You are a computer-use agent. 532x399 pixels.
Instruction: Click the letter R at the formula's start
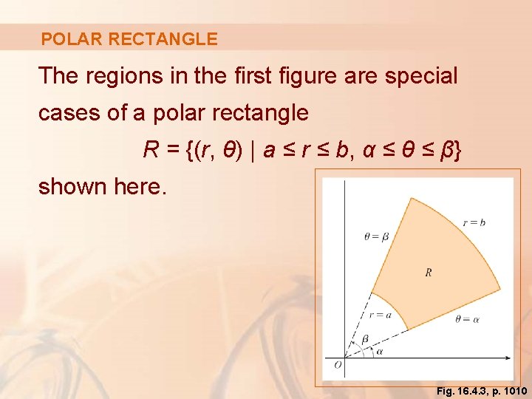(x=151, y=150)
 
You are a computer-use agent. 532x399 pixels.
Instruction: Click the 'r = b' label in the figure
(x=474, y=222)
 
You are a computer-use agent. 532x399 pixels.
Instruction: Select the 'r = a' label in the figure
(x=379, y=314)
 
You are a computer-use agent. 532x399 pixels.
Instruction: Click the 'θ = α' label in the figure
(x=468, y=320)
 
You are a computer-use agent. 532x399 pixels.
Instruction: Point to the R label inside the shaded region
(x=429, y=273)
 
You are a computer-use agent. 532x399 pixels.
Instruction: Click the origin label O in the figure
(x=338, y=365)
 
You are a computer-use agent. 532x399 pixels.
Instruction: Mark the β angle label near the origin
(x=365, y=339)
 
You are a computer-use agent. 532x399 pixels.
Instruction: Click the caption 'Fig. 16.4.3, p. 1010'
(x=482, y=390)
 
